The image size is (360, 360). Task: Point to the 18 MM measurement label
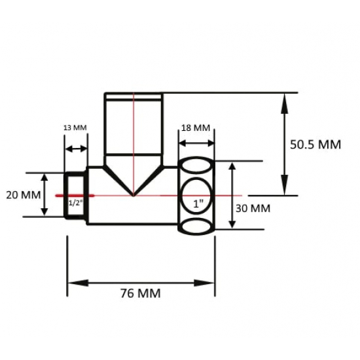click(x=195, y=127)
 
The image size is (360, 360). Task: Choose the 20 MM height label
click(x=20, y=195)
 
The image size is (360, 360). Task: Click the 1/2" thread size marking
click(x=76, y=203)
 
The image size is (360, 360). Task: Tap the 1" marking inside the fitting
click(x=197, y=203)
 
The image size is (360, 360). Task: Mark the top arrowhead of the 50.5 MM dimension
click(x=283, y=98)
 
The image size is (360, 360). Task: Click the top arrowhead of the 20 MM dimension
click(x=45, y=177)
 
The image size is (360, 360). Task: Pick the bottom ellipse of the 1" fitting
click(x=196, y=226)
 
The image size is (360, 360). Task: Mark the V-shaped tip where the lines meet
click(x=134, y=194)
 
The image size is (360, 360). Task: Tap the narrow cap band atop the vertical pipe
click(x=134, y=96)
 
